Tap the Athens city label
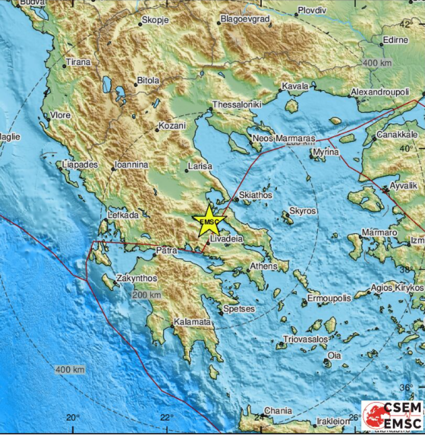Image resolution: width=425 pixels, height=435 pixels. [264, 266]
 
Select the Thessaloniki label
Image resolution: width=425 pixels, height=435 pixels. [237, 104]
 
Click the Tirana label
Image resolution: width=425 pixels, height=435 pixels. [78, 62]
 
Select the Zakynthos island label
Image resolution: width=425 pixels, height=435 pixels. [130, 278]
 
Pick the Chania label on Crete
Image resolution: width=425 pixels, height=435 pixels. [278, 411]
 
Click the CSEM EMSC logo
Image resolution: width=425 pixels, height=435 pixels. [392, 415]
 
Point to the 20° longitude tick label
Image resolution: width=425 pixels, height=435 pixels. [73, 417]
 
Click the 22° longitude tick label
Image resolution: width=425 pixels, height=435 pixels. [167, 417]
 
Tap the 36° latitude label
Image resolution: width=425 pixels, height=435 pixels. [406, 387]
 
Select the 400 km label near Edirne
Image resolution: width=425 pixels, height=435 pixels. [377, 63]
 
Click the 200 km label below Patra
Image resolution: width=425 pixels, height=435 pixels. [147, 295]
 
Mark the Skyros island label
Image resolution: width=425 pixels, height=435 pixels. [302, 211]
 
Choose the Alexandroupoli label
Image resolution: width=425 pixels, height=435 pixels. [380, 92]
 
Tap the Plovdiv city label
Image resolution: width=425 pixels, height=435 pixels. [312, 10]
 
